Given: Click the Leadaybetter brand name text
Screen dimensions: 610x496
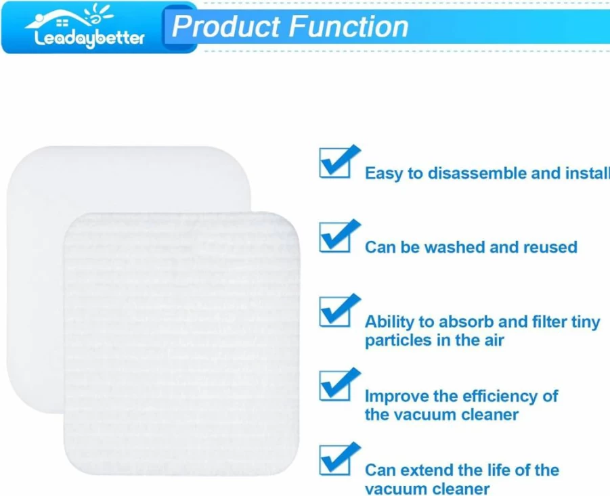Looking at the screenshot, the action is coord(89,39).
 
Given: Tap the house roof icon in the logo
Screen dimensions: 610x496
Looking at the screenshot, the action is coord(58,20).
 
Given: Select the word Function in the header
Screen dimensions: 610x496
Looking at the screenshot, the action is coord(349,26).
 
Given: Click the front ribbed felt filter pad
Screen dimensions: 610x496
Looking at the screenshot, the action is coord(181,344).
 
